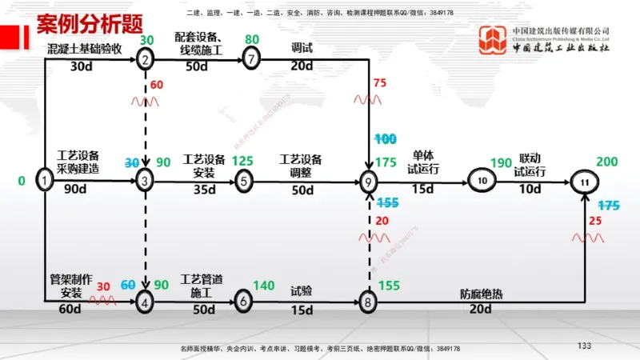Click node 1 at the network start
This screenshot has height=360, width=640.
click(45, 181)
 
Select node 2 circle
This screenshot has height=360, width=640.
click(145, 58)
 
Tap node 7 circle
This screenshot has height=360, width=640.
click(251, 58)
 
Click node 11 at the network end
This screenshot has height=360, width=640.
click(585, 182)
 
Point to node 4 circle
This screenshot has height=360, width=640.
click(145, 302)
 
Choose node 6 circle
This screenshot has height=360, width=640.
click(244, 302)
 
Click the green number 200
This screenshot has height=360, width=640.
click(607, 162)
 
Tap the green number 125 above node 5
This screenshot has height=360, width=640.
click(242, 162)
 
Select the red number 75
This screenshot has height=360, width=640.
click(379, 82)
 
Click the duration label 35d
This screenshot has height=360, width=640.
click(205, 190)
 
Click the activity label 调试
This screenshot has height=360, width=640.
click(302, 48)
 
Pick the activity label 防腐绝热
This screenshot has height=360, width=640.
click(480, 294)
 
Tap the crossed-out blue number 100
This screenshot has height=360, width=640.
click(386, 138)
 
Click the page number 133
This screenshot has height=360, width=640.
click(584, 346)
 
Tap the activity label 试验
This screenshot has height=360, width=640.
click(302, 292)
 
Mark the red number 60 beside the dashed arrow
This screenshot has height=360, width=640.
click(156, 84)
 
